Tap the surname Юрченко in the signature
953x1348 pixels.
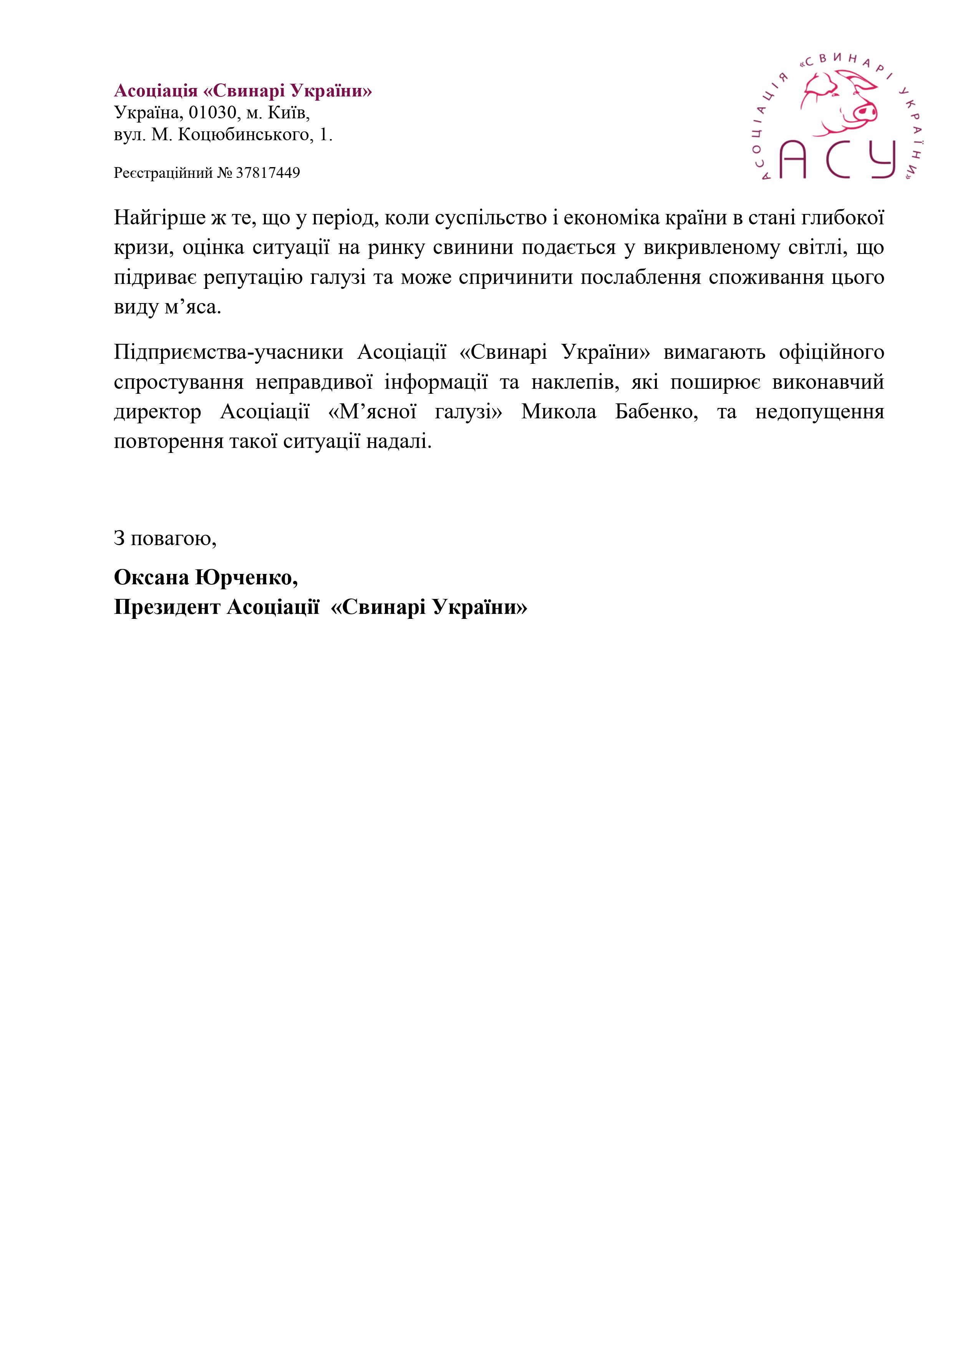click(x=246, y=578)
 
